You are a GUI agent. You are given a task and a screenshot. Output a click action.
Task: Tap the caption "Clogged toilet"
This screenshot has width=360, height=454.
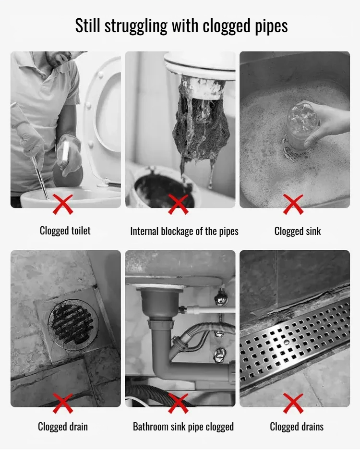point(65,231)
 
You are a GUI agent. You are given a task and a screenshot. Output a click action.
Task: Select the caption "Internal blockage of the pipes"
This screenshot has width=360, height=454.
point(184,232)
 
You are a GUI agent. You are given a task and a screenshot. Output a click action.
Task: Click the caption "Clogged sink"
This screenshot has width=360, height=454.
point(298,232)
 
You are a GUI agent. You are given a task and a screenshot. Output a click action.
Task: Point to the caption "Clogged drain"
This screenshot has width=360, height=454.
point(63,427)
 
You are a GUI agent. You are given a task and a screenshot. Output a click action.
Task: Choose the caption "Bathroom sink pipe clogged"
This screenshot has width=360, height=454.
point(183,427)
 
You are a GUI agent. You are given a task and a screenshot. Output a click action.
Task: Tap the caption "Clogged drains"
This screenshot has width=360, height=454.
point(297,427)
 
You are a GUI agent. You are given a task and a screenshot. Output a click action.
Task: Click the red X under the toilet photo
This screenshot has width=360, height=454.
point(63,204)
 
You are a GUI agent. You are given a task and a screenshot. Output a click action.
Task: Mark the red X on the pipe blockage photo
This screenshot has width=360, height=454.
point(178,204)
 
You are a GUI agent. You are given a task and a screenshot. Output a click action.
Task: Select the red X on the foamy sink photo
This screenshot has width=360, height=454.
point(293,204)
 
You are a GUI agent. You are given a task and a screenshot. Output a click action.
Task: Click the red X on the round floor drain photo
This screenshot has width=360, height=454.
point(63,404)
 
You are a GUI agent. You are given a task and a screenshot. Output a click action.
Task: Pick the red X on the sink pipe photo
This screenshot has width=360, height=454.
point(178,404)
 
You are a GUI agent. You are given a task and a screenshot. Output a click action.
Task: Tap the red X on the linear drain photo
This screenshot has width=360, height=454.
point(293,404)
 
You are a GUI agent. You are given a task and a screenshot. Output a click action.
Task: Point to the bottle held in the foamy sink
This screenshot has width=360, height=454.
point(301,125)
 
